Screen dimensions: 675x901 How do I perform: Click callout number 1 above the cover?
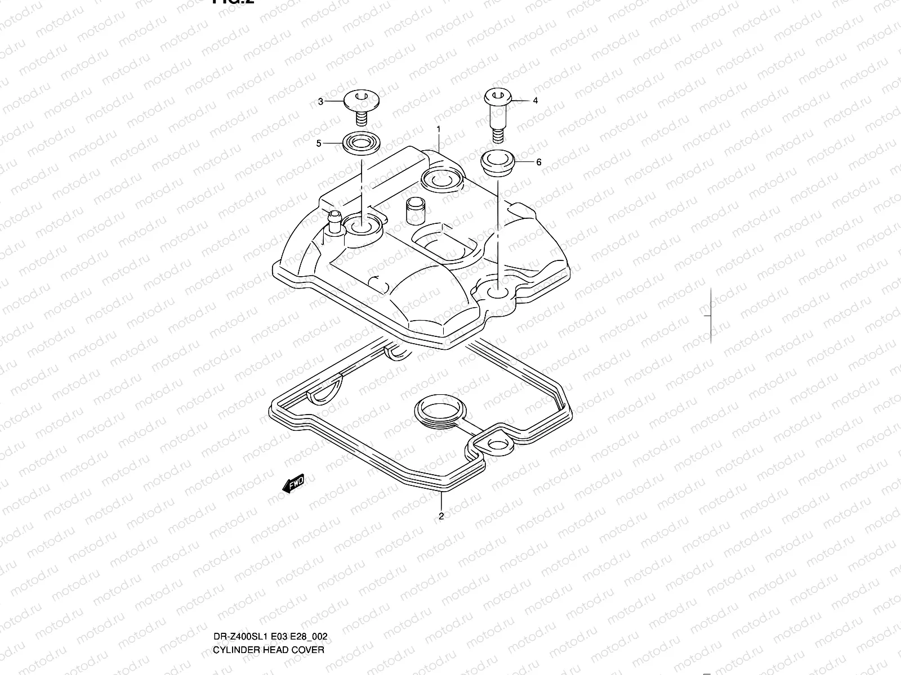coord(439,129)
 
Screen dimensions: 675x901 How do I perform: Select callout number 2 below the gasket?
coord(441,515)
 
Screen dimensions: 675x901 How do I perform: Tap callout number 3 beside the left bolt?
coord(320,102)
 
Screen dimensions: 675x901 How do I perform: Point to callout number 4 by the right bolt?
coord(535,101)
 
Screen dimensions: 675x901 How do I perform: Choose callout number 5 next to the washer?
coord(319,143)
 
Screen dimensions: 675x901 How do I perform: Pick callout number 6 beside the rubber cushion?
coord(538,162)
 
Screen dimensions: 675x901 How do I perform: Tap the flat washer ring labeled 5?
coord(359,143)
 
